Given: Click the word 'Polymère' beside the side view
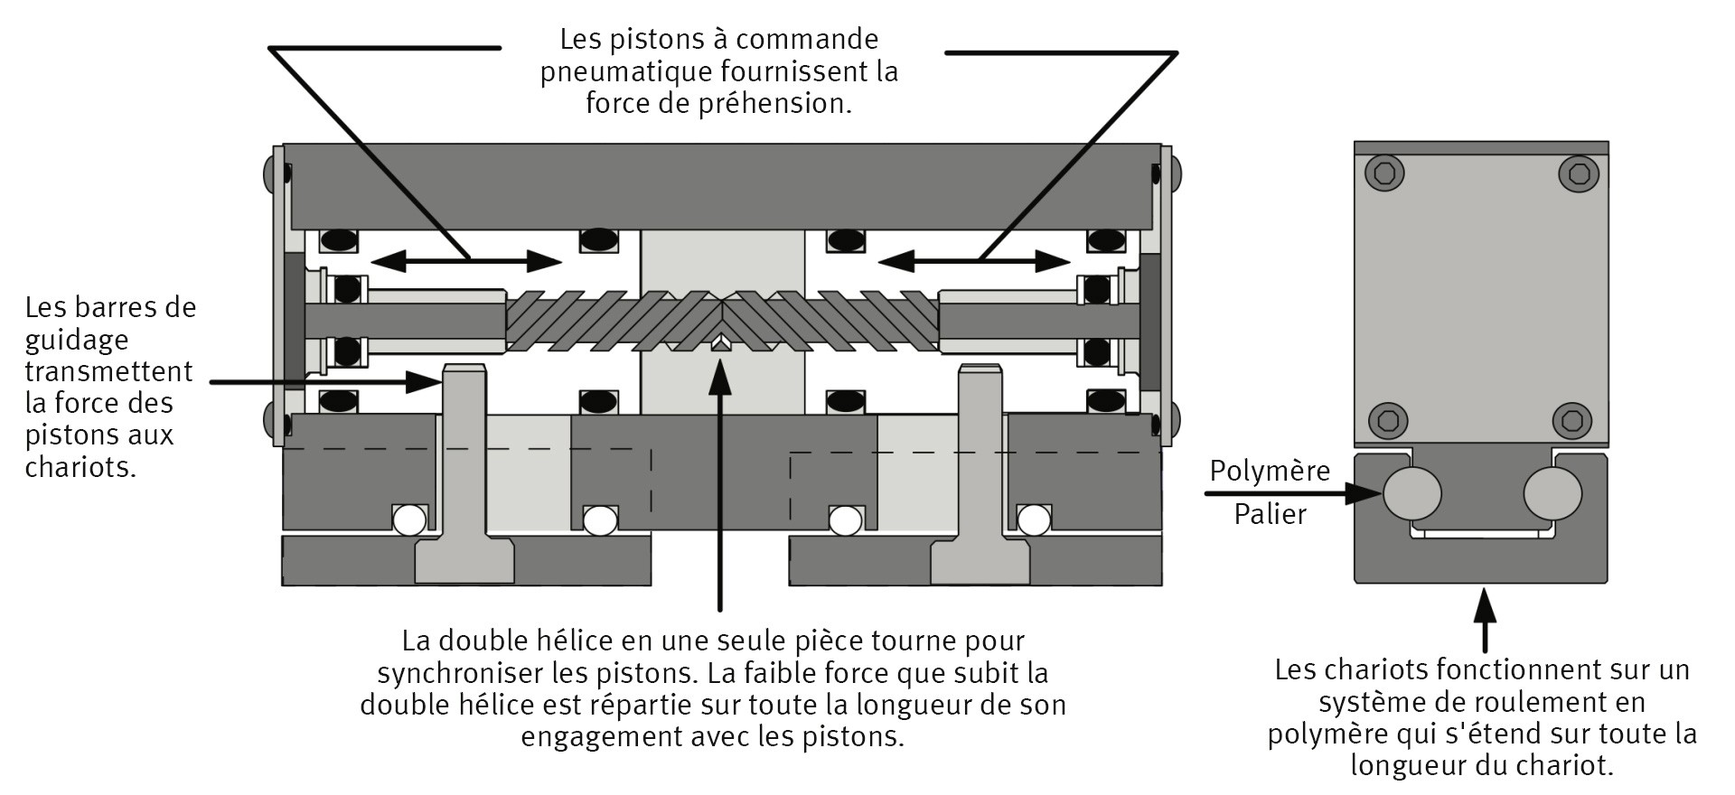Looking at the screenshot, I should [1270, 472].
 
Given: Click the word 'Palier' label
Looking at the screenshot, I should [1270, 515].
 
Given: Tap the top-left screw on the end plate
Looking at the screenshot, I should [1384, 173].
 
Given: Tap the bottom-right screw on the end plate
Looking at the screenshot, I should [1571, 421].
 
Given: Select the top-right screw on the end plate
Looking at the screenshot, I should [1579, 173].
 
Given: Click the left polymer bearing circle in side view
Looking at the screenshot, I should [1411, 493].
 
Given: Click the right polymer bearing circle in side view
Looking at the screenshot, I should [1552, 493].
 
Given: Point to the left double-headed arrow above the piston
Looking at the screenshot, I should [466, 262].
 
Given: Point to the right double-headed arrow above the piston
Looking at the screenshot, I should [974, 262].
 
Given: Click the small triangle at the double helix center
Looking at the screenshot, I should [720, 343].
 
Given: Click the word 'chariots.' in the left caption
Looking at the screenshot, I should [80, 467].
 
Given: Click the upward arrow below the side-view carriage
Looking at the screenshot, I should [1485, 619].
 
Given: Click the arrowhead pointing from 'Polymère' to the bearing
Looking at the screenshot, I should [1365, 493].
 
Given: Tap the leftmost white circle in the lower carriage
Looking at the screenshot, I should [408, 519].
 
